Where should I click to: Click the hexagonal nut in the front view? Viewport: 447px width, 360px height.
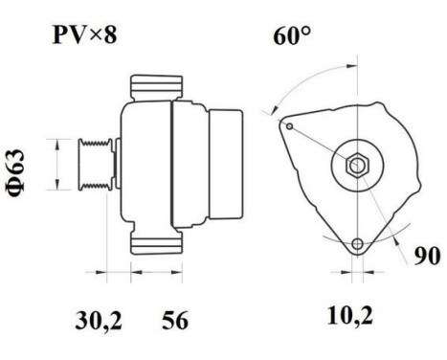(356, 165)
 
